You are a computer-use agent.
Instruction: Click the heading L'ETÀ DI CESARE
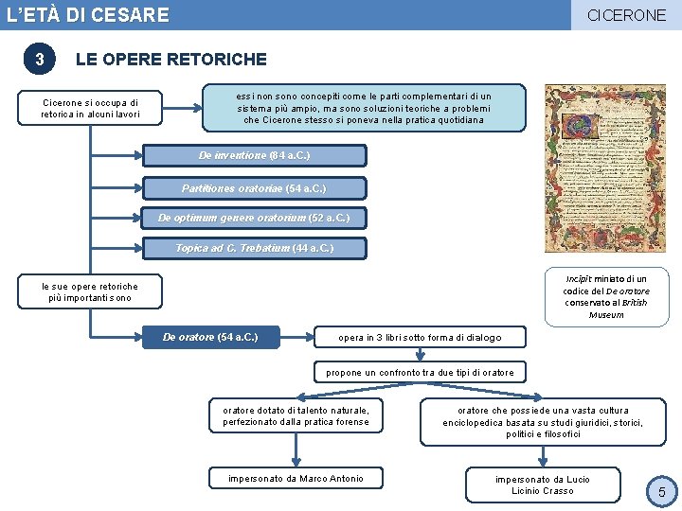pos(88,15)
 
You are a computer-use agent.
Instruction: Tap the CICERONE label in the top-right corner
pos(626,15)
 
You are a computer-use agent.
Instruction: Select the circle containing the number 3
pos(39,60)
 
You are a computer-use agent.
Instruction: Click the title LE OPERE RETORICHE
pos(170,60)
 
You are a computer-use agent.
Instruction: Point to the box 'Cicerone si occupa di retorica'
pos(90,109)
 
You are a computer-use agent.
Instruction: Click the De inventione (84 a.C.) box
pos(254,155)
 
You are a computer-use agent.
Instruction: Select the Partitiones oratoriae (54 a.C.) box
pos(254,187)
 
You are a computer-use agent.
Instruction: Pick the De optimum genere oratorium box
pos(254,219)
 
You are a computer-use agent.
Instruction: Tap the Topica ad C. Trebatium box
pos(254,249)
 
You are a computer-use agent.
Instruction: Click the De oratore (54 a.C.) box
pos(212,337)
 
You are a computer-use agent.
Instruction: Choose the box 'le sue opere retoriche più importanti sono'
pos(90,292)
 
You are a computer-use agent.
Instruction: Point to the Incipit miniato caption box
pos(606,296)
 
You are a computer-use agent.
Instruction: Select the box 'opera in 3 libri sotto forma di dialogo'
pos(420,338)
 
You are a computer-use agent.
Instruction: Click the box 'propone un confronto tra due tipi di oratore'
pos(420,373)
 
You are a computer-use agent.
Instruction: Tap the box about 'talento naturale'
pos(296,416)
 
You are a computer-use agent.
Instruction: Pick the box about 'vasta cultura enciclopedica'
pos(543,422)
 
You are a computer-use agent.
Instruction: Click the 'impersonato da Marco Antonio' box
pos(296,479)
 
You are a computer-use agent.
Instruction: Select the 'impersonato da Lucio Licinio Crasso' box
pos(543,485)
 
